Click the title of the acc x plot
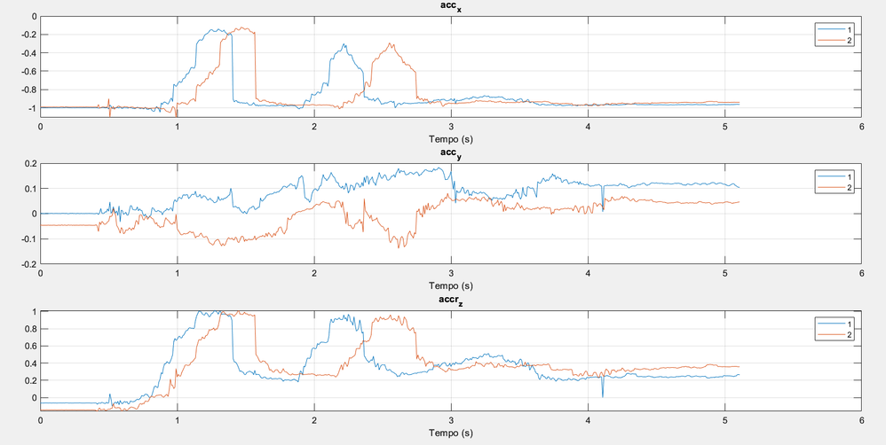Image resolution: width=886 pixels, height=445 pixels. pos(450,9)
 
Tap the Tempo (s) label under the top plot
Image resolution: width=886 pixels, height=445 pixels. pos(450,137)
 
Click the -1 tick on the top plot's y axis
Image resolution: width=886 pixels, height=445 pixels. pos(31,108)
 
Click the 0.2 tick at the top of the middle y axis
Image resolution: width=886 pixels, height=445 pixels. pos(28,164)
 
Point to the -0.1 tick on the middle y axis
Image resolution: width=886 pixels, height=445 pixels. pos(27,239)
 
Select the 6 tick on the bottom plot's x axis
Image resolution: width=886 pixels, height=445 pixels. pos(861,421)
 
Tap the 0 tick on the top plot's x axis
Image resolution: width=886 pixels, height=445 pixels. pos(40,127)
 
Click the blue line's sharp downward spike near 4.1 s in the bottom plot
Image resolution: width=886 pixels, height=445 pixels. pos(603,395)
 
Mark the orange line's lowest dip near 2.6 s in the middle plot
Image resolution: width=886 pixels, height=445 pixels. pos(400,246)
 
